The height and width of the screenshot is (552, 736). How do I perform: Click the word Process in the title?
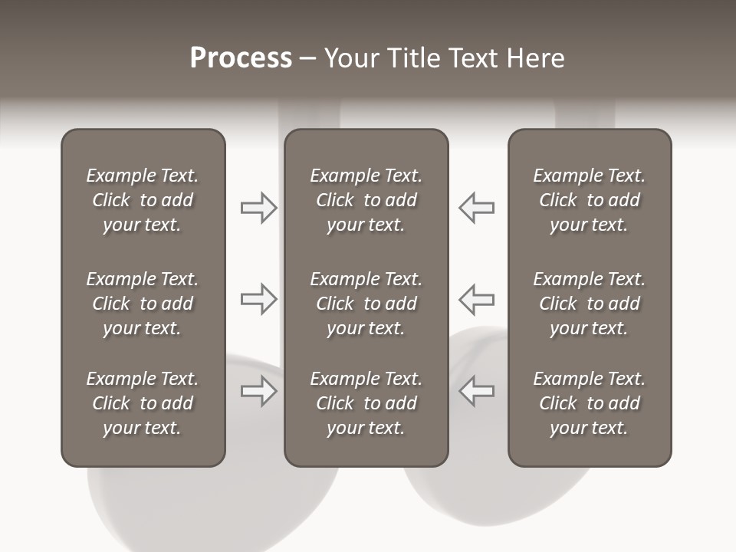coord(241,58)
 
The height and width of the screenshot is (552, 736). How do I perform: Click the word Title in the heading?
coord(412,58)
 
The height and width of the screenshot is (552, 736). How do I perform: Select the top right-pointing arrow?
coord(258,208)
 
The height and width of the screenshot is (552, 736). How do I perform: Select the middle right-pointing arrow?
coord(258,299)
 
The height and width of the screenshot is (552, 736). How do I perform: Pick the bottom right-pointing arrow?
coord(258,391)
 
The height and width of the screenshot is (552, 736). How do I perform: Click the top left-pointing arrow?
coord(476,208)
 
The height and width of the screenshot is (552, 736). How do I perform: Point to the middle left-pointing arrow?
coord(476,299)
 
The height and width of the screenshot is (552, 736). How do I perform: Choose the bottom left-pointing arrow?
coord(476,391)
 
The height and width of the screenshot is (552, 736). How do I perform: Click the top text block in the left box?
coord(143,200)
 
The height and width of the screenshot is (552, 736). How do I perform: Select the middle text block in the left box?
coord(143,304)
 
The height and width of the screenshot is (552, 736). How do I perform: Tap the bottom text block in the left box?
coord(143,403)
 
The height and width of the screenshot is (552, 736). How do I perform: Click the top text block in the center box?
coord(366,200)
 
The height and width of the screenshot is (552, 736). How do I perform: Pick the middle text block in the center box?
coord(366,304)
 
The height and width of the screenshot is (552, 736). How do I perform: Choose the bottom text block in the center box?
coord(366,403)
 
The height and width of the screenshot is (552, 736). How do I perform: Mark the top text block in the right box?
coord(590,200)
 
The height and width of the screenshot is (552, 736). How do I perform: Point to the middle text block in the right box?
coord(590,304)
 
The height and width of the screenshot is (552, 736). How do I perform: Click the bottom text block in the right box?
coord(590,403)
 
